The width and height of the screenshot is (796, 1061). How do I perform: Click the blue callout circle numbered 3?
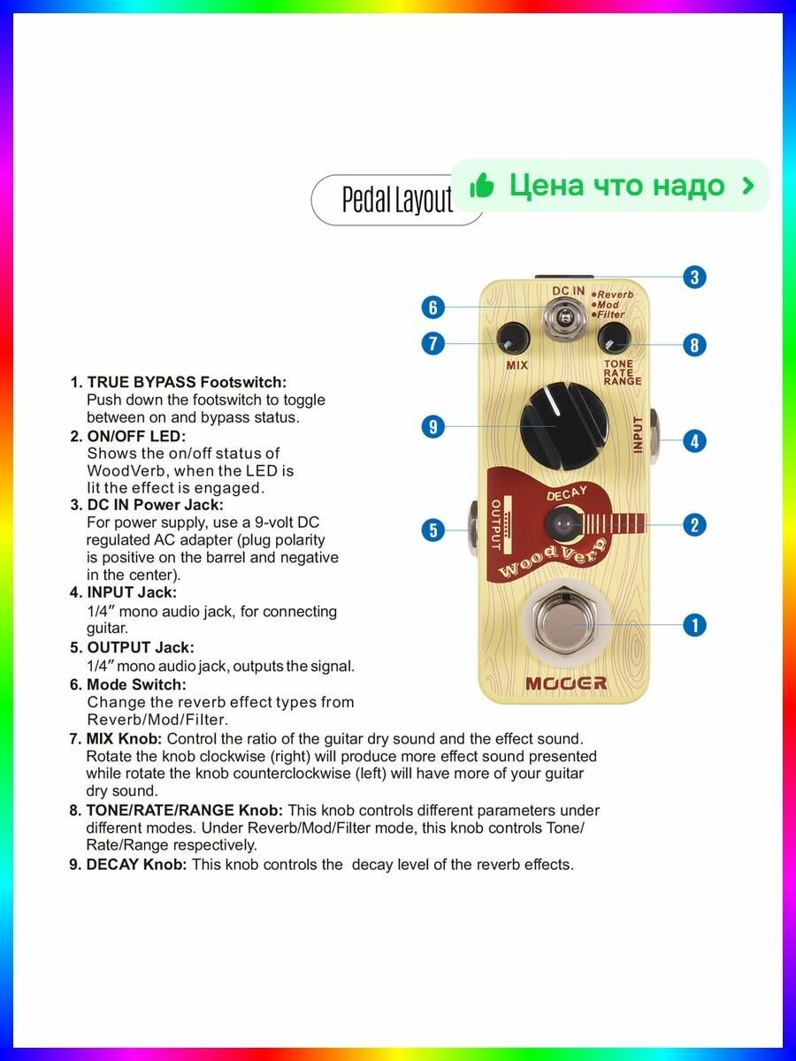[x=694, y=278]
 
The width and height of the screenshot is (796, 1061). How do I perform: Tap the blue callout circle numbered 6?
[x=433, y=308]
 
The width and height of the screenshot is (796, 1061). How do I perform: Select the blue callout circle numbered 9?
[x=433, y=427]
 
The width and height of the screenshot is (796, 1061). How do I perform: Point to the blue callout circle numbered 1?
[x=694, y=625]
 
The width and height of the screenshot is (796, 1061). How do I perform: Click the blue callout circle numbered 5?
[x=433, y=530]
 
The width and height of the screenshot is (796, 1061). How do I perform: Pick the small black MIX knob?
[x=513, y=339]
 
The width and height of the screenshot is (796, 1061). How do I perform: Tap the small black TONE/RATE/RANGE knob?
[x=615, y=339]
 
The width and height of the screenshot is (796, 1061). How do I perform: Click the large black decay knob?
[x=564, y=426]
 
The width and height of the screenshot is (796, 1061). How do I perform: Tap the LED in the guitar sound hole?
[x=561, y=523]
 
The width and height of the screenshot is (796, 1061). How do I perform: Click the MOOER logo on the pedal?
[x=566, y=683]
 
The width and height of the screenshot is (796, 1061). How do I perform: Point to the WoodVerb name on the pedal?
[x=552, y=558]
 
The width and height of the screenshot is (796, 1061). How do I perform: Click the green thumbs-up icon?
[x=482, y=185]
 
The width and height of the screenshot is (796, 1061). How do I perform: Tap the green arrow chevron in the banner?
[x=747, y=186]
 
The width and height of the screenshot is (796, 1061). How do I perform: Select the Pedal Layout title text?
[x=397, y=200]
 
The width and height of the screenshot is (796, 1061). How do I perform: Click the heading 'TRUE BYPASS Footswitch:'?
[x=187, y=382]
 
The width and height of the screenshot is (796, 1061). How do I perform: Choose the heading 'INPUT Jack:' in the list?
[x=132, y=592]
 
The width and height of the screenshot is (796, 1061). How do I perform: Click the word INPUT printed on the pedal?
[x=638, y=434]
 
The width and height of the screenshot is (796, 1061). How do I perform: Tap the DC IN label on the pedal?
[x=569, y=291]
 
